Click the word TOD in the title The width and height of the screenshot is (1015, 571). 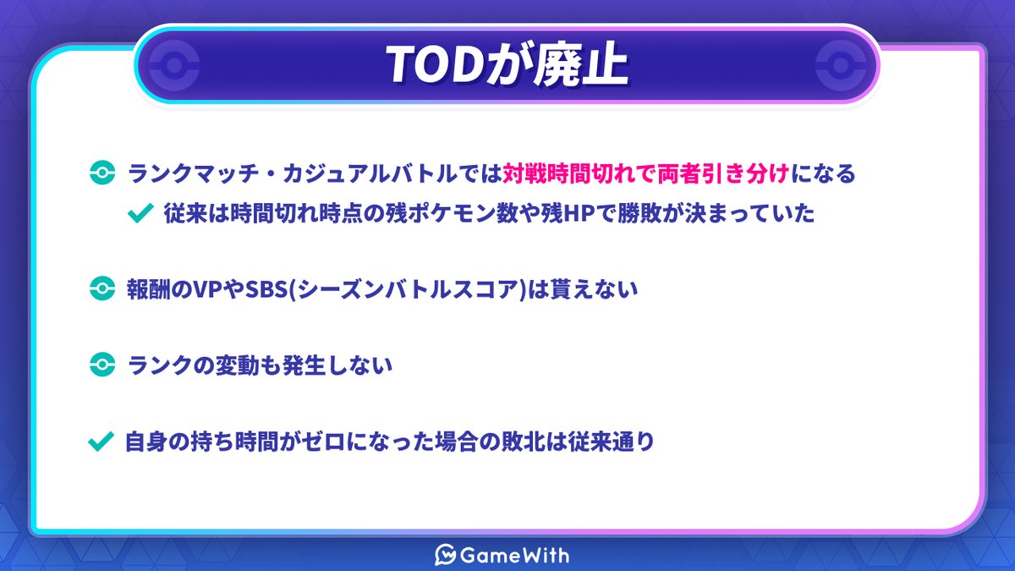tap(436, 65)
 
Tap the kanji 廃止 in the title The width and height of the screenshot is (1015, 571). tap(581, 65)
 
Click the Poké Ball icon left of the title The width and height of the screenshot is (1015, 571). tap(174, 65)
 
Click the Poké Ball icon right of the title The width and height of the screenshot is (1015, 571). tap(841, 65)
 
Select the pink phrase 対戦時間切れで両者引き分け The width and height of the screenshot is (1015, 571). tap(646, 173)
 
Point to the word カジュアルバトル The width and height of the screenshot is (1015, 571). tap(369, 173)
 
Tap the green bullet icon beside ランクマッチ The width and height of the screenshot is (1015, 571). tap(102, 173)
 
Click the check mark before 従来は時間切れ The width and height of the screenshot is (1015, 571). tap(140, 213)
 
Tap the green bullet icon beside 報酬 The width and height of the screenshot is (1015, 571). tap(102, 288)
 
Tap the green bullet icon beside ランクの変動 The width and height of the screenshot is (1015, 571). tap(102, 365)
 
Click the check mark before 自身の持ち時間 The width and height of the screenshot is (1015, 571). tap(101, 442)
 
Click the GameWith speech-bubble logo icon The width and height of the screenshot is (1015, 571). tap(445, 555)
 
